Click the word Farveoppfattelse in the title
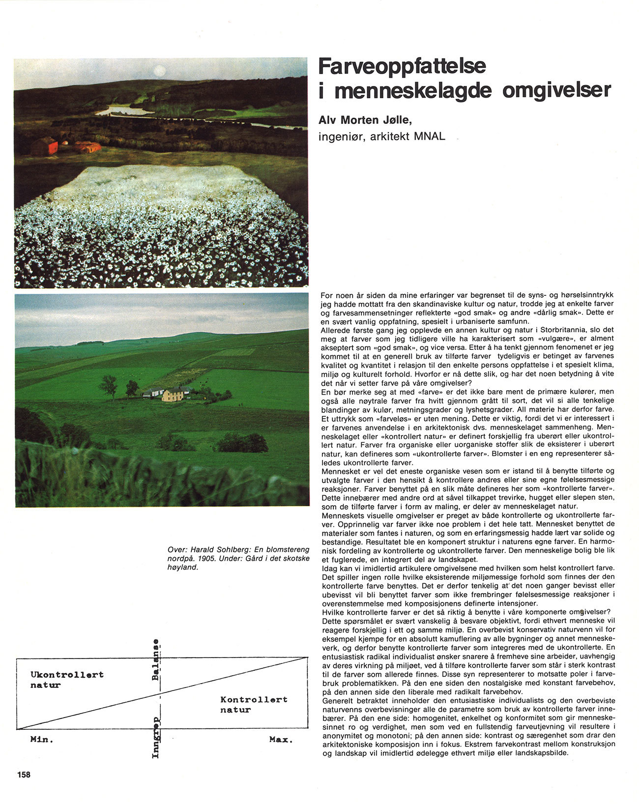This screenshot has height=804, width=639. pos(402,67)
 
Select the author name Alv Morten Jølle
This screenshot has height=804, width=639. pos(364,120)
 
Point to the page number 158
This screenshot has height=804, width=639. pos(24,775)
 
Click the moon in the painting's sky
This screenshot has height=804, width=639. pos(159,71)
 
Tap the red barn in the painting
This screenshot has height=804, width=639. pos(45,146)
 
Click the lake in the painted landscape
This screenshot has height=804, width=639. pos(123,111)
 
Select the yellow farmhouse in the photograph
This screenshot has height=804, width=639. pos(173,394)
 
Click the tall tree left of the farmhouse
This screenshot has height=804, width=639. pos(108,386)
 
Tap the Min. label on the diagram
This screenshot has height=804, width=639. pos(42,739)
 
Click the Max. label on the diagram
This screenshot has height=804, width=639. pos(281,739)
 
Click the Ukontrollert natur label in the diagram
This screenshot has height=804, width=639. pos(67,679)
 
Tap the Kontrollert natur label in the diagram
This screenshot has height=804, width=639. pos(253,704)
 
